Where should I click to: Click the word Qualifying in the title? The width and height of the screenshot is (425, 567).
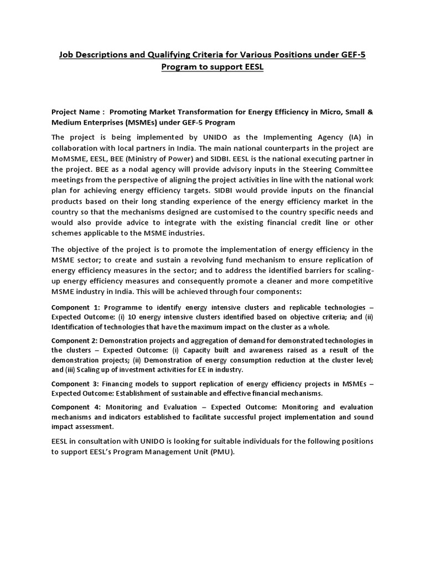pos(181,55)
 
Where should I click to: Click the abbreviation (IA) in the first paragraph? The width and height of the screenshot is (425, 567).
pos(335,137)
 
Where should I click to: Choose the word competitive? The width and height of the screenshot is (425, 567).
pos(351,281)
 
